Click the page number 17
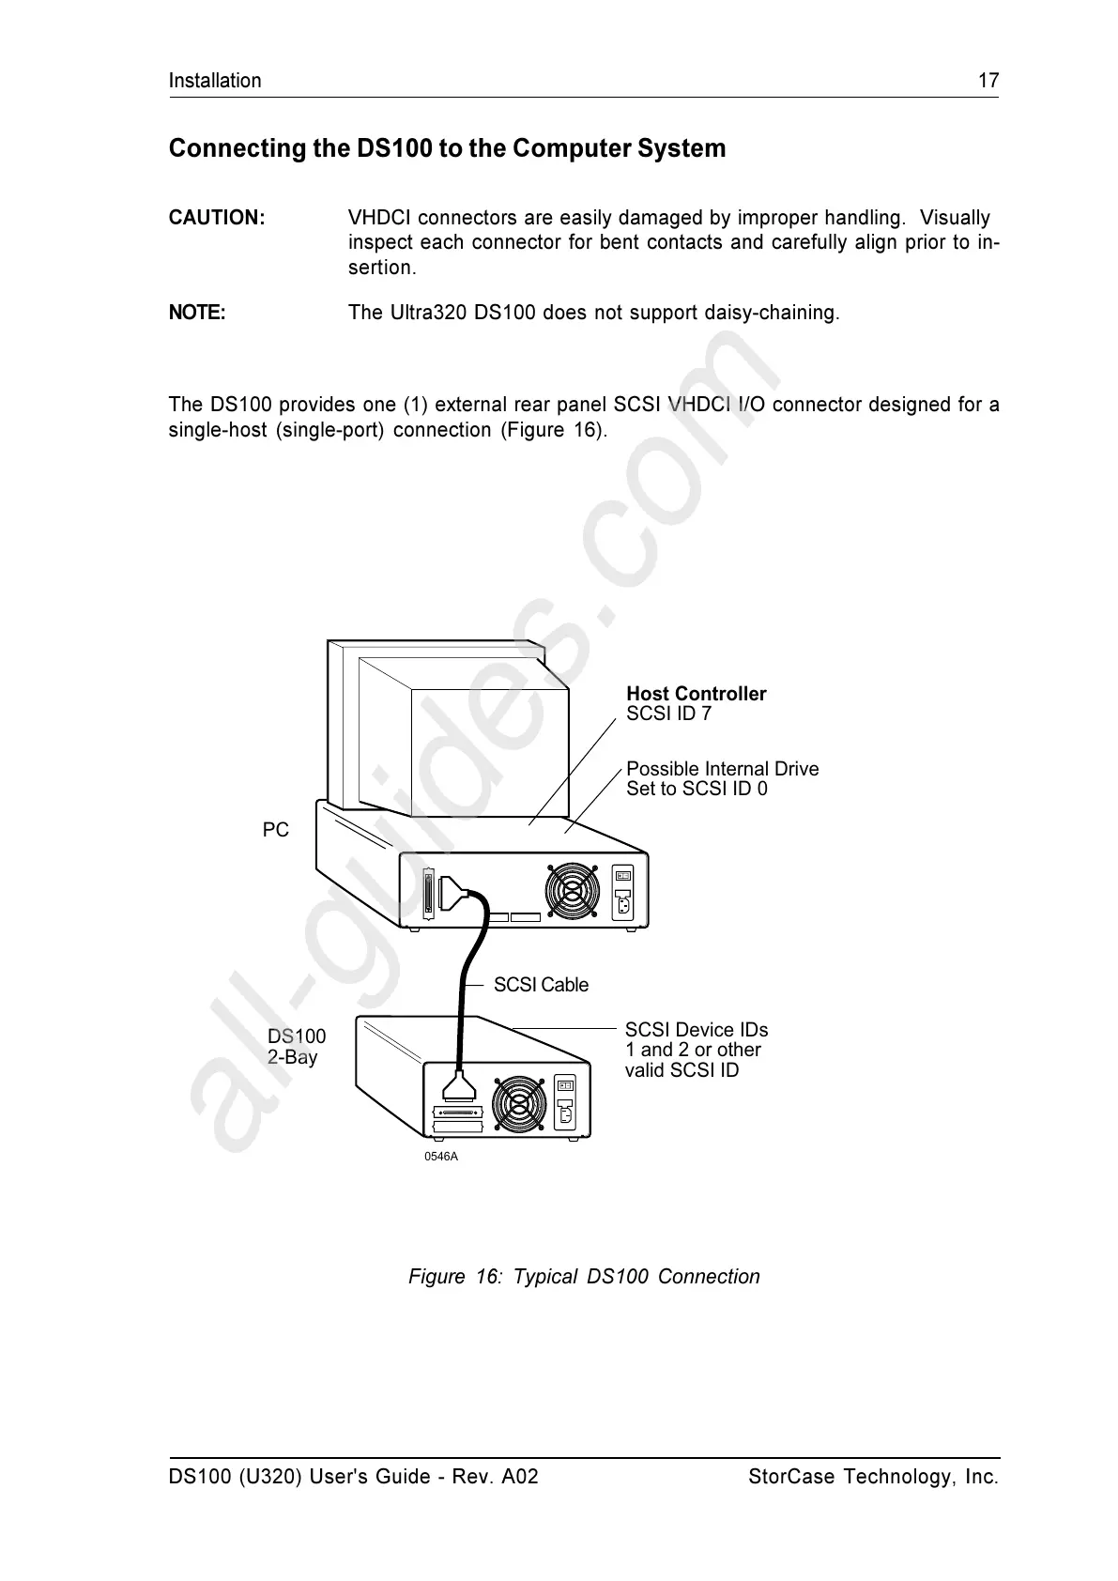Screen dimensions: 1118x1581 click(x=988, y=81)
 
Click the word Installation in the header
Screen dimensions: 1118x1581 click(x=215, y=81)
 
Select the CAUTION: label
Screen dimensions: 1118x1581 click(x=217, y=218)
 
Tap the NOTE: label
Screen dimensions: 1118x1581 click(x=197, y=313)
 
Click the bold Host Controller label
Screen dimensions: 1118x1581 click(x=696, y=694)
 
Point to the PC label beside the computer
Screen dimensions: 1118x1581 click(x=276, y=830)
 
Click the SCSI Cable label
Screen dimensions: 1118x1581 click(x=541, y=985)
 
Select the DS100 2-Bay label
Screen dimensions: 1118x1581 click(x=296, y=1047)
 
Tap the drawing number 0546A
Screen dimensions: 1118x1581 click(x=441, y=1157)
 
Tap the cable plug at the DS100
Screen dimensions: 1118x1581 click(x=459, y=1090)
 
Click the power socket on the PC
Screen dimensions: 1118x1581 click(x=622, y=906)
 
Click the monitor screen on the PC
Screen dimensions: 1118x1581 click(x=488, y=751)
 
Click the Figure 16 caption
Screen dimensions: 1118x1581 click(x=584, y=1277)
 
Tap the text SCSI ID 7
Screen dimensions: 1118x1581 click(x=668, y=714)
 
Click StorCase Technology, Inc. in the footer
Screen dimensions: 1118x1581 click(x=873, y=1477)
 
